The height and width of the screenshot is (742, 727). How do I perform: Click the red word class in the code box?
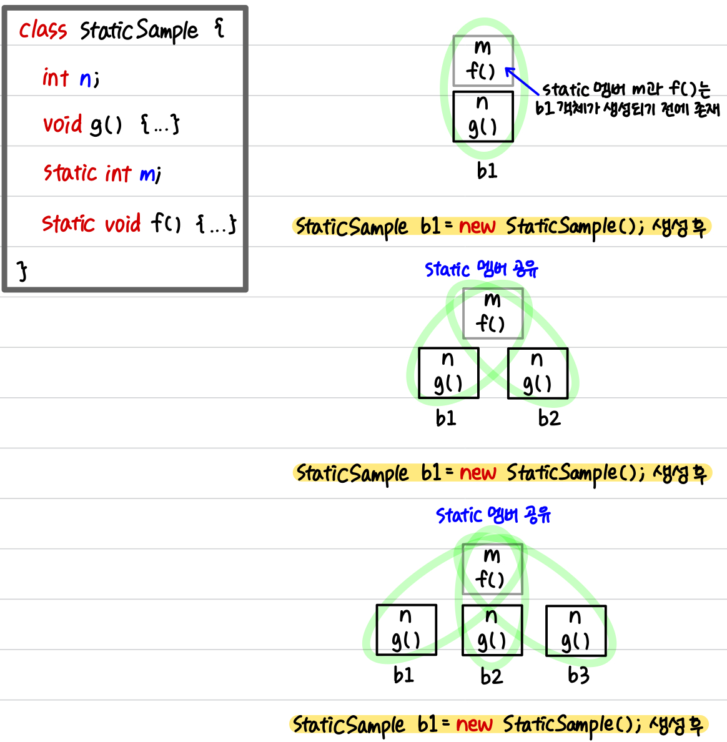click(x=42, y=29)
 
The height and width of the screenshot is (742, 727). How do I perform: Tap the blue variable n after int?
click(x=86, y=78)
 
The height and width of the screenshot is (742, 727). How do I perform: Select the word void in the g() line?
click(x=62, y=124)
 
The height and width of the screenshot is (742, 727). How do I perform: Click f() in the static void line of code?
click(x=166, y=222)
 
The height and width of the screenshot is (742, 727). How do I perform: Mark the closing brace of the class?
click(x=22, y=270)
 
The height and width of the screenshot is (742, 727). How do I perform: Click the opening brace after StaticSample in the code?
click(x=219, y=28)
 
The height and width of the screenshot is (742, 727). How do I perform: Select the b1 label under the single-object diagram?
click(x=487, y=171)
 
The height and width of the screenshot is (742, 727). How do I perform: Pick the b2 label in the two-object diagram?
click(x=549, y=418)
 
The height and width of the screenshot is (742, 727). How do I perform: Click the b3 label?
click(x=578, y=675)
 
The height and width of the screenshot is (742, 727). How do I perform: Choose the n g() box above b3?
click(x=576, y=630)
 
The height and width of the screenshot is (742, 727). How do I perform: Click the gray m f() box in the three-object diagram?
click(x=492, y=569)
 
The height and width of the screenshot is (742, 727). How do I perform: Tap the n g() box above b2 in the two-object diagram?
click(x=537, y=373)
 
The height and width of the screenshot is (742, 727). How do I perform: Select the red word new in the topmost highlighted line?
click(x=477, y=226)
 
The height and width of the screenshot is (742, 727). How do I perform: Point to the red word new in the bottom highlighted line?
click(x=474, y=724)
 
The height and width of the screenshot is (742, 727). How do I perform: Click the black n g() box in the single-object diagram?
click(x=483, y=116)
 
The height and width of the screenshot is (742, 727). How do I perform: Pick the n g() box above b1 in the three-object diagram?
click(x=406, y=630)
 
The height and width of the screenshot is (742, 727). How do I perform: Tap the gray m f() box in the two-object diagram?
click(x=493, y=313)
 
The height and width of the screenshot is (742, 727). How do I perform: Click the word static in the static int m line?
click(x=69, y=172)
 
